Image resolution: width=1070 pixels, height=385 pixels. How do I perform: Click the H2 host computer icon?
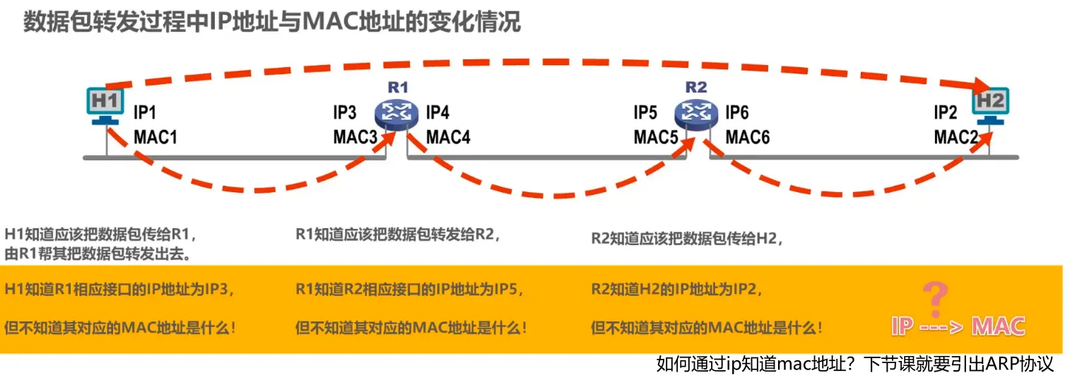tap(991, 105)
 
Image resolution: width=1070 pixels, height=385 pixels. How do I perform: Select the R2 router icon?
tap(696, 112)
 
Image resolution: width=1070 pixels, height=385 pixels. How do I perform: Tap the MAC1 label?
tap(155, 137)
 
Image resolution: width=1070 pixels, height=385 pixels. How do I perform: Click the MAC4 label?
tap(449, 137)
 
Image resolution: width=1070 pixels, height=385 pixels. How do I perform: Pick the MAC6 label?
tap(748, 137)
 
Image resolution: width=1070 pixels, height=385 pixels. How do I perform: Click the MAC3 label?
tap(355, 137)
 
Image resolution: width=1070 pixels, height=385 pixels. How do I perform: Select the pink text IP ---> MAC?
tap(958, 326)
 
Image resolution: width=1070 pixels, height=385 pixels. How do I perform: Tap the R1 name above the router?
tap(398, 88)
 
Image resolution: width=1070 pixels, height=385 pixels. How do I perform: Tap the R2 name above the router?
tap(696, 88)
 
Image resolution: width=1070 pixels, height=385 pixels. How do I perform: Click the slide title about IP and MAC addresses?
tap(272, 22)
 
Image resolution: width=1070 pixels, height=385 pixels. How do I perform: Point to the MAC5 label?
tap(656, 137)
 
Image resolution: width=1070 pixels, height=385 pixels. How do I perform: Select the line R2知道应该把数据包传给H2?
tap(688, 238)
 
